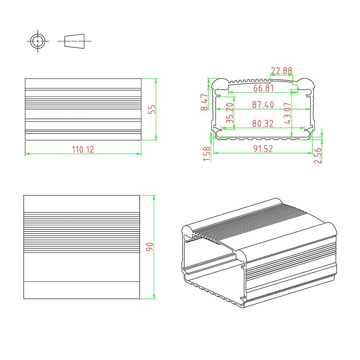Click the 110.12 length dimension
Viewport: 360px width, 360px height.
pos(83,149)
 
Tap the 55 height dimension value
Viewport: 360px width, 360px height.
pos(152,109)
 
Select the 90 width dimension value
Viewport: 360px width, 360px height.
pos(150,247)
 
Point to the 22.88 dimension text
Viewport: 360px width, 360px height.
pos(282,71)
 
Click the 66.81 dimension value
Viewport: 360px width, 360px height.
pos(263,88)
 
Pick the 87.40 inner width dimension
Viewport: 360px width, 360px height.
pos(263,105)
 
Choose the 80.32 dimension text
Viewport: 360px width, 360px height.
pos(263,123)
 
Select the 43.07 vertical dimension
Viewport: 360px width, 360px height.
pos(287,113)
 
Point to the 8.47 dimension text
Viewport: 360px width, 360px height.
pos(204,102)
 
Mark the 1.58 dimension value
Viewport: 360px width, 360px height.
pos(207,154)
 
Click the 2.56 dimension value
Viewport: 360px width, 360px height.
pos(318,156)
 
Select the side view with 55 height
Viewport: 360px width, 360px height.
pos(83,109)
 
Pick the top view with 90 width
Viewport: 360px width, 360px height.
pos(81,247)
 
